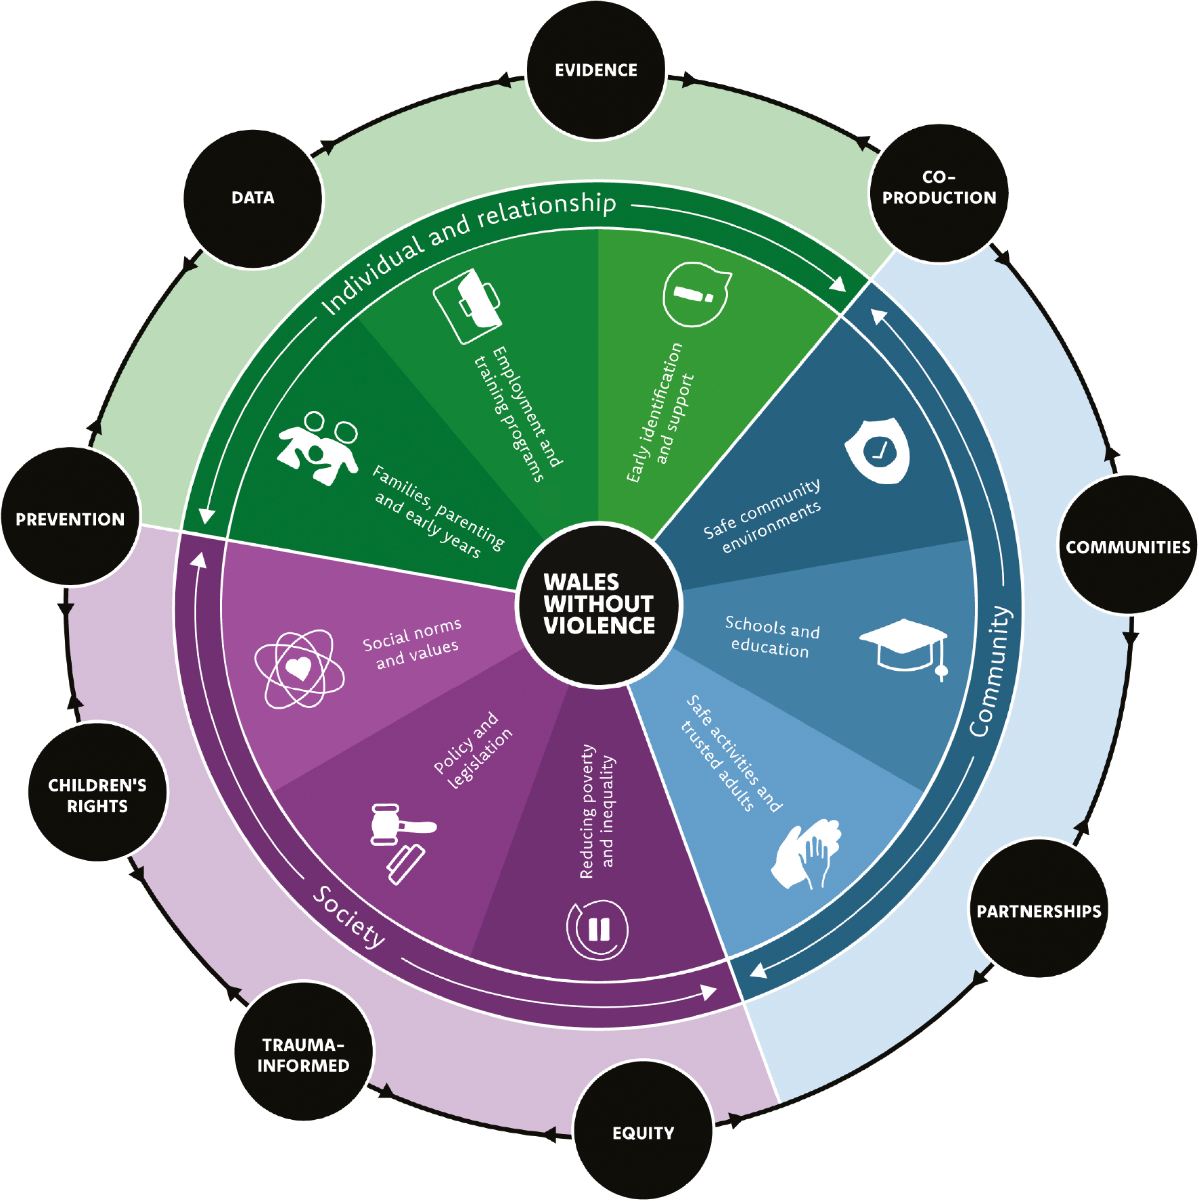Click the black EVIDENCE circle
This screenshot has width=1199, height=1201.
[x=596, y=70]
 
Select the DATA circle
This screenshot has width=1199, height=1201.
[x=253, y=198]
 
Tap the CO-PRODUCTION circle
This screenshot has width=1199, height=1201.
[x=938, y=193]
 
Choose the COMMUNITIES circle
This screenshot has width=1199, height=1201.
[x=1127, y=546]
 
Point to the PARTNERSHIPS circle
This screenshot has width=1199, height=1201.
[x=1039, y=910]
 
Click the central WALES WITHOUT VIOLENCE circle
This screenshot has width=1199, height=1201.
[x=599, y=604]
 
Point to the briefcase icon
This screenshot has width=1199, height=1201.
[x=468, y=306]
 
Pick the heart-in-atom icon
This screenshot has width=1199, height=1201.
[x=299, y=669]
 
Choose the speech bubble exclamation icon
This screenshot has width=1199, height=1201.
[x=696, y=294]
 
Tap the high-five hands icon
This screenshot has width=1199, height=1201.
[x=807, y=854]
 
